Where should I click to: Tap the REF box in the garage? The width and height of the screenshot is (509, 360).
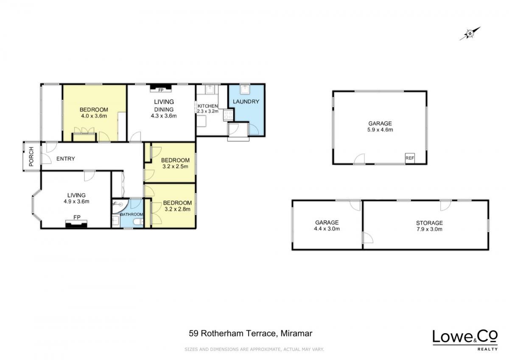[410, 158]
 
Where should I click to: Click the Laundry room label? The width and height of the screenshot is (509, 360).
[246, 101]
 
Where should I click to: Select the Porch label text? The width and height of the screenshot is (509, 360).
[31, 157]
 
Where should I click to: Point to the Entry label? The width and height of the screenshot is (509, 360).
[66, 159]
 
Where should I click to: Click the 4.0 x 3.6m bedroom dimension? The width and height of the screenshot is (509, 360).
[94, 116]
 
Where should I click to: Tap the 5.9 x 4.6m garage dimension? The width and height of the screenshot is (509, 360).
[380, 130]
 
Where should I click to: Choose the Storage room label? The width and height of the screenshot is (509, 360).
[429, 223]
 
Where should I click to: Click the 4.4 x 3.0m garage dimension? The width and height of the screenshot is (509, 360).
[327, 229]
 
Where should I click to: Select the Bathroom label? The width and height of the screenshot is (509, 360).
[131, 214]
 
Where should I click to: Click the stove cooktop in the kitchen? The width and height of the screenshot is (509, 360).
[228, 115]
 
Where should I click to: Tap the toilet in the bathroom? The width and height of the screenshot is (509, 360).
[138, 222]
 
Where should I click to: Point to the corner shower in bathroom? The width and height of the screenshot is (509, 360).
[120, 206]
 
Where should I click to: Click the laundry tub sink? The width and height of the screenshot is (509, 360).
[245, 90]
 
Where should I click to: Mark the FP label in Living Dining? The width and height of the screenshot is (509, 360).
[161, 90]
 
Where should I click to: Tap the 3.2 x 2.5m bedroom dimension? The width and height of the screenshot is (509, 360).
[175, 166]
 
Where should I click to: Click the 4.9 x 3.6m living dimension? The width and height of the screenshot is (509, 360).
[76, 202]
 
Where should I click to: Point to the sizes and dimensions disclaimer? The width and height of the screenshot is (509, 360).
[254, 349]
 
